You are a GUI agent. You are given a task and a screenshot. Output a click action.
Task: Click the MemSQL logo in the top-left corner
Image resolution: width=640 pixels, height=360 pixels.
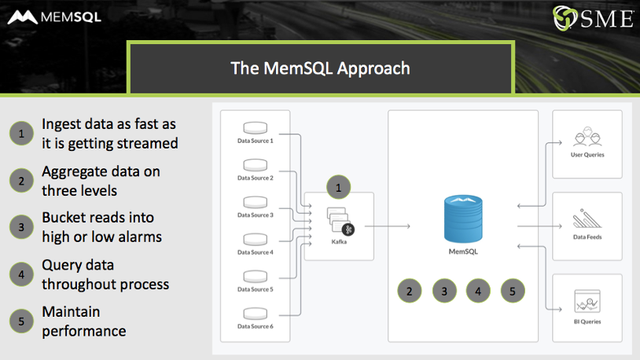(x=54, y=17)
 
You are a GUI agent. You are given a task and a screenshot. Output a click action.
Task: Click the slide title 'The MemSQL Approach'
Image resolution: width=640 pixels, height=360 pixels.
(x=320, y=68)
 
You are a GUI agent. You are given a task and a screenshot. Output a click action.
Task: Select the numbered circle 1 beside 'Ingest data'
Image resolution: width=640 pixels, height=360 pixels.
(x=21, y=134)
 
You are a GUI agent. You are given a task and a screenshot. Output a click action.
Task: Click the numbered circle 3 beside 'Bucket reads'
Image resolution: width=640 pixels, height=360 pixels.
(x=21, y=226)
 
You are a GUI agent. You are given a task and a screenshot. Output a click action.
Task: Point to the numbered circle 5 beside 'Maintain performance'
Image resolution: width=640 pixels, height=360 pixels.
(x=21, y=321)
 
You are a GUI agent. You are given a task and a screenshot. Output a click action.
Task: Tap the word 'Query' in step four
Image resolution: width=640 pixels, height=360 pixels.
(x=61, y=266)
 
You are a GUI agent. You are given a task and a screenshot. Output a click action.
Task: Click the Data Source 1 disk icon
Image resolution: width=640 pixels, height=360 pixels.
(x=256, y=128)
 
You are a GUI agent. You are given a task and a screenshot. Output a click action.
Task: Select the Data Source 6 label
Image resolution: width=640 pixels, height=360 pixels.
(x=256, y=326)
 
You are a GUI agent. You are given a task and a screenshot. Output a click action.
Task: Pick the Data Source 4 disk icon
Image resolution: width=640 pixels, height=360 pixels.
(x=256, y=239)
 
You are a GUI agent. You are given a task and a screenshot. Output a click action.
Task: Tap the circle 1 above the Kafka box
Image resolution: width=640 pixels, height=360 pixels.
(x=338, y=188)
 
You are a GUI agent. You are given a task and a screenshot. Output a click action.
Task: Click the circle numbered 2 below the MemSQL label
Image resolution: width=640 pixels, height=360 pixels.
(x=409, y=291)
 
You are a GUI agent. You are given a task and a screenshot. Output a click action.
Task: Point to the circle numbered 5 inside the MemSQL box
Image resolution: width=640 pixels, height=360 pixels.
(x=512, y=291)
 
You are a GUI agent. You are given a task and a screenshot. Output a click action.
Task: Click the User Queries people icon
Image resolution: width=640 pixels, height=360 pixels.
(x=587, y=138)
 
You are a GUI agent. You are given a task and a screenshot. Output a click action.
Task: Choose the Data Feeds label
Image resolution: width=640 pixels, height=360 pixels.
(x=587, y=237)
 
